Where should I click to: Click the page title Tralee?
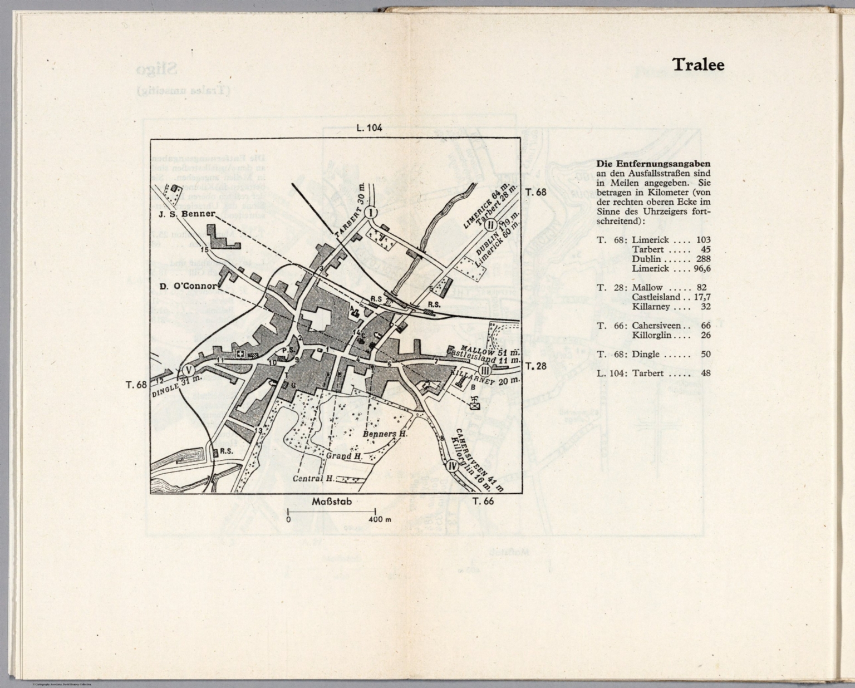(x=698, y=65)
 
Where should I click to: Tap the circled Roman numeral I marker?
(x=371, y=212)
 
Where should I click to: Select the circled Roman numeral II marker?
(x=490, y=225)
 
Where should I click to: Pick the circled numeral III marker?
(x=485, y=371)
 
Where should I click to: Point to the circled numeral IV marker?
(x=452, y=466)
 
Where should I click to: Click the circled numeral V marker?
(x=188, y=371)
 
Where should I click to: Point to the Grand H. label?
(x=344, y=456)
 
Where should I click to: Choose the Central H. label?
(x=313, y=479)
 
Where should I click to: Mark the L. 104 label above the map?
(x=369, y=128)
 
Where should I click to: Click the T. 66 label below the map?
(x=483, y=501)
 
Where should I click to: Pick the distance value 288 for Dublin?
(x=702, y=259)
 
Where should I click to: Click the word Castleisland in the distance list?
(x=655, y=297)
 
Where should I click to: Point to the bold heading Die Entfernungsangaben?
(x=653, y=164)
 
